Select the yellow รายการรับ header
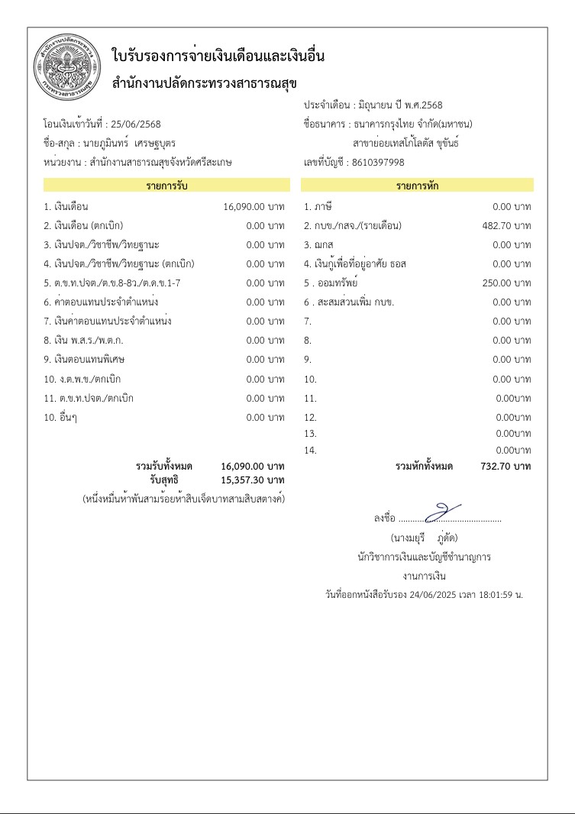click(x=166, y=186)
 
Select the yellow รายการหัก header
click(x=417, y=186)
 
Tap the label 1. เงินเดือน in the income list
click(x=66, y=206)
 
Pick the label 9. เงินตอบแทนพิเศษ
click(x=82, y=360)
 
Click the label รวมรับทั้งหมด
click(x=163, y=466)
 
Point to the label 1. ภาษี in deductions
click(x=318, y=206)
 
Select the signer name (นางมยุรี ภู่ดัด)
click(x=424, y=538)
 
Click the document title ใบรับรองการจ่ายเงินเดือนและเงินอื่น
click(x=218, y=56)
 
